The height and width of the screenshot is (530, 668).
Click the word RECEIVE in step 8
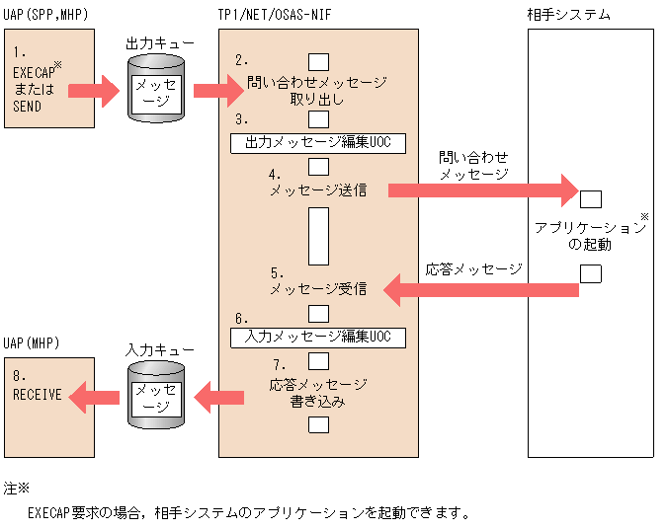[38, 395]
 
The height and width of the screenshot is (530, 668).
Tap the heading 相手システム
[569, 14]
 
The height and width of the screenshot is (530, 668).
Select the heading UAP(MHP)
[32, 342]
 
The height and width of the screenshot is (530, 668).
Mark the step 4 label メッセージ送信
[318, 190]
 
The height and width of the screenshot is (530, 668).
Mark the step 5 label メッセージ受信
[318, 289]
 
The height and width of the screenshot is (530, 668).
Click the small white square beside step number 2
[318, 62]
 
